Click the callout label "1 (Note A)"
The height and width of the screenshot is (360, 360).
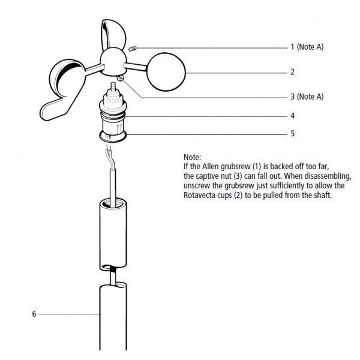(307, 47)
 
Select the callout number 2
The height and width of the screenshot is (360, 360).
(293, 72)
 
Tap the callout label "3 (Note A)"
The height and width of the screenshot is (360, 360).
(307, 97)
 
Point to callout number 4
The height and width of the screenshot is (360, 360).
(293, 116)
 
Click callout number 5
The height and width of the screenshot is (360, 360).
(293, 134)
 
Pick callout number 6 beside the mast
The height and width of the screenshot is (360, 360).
(34, 314)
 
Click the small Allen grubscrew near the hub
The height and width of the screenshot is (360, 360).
(133, 49)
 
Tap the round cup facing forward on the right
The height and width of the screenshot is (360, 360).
(166, 72)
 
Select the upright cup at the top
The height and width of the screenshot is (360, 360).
(113, 34)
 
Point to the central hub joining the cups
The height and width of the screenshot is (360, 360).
(113, 62)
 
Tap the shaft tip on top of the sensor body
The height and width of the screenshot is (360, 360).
(113, 86)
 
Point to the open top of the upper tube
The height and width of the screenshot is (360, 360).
(113, 203)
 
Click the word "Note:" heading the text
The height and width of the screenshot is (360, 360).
(192, 157)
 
